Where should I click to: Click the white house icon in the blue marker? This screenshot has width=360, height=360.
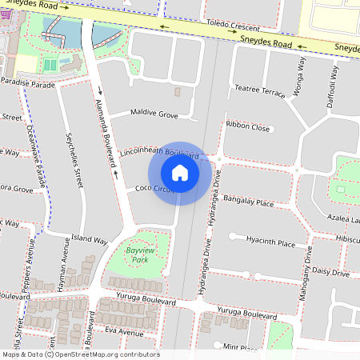click(x=180, y=173)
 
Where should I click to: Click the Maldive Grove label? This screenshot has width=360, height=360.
click(x=155, y=115)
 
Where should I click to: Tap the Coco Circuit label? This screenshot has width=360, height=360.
click(x=154, y=189)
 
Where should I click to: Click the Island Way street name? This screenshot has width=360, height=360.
click(x=89, y=239)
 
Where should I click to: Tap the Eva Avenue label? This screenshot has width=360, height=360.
click(x=124, y=331)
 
